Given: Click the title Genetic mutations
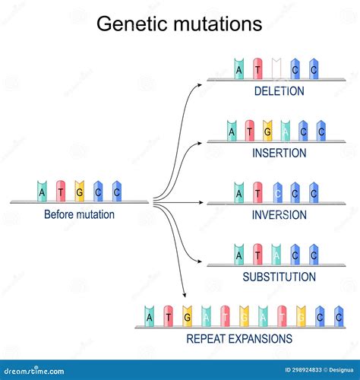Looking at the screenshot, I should click(x=179, y=24).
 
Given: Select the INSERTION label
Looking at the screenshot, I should click(x=279, y=153).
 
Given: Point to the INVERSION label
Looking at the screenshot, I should click(x=279, y=215).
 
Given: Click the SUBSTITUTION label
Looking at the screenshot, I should click(x=279, y=277).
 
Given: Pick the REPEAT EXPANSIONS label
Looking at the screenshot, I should click(x=240, y=339).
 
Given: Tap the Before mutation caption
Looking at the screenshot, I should click(x=79, y=214).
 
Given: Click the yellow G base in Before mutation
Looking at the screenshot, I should click(x=79, y=192).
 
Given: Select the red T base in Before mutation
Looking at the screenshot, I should click(x=61, y=192).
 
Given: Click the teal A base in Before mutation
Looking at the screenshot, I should click(x=42, y=192).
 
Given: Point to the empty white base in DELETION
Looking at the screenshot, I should click(x=276, y=68).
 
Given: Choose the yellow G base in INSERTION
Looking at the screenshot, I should click(x=267, y=131).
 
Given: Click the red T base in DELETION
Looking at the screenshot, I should click(x=258, y=68).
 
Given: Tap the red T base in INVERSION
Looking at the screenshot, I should click(x=258, y=192).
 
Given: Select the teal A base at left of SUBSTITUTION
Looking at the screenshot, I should click(x=240, y=255).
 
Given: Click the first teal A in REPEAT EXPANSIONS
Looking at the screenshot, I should click(x=150, y=316).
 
